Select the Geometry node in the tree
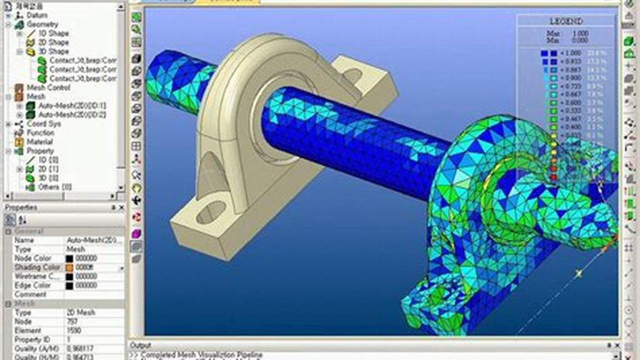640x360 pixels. tap(42, 24)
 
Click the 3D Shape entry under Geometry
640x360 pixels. tap(54, 51)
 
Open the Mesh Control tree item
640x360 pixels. tap(48, 88)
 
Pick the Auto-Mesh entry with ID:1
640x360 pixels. tap(72, 106)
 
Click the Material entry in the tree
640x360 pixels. tap(39, 142)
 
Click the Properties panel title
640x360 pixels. tap(21, 207)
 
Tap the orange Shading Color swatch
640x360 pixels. tap(69, 267)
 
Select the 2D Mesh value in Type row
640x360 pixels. tap(81, 312)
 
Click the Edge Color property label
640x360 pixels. tap(32, 286)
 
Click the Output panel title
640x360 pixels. tap(140, 345)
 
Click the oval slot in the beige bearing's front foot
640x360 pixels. tap(211, 212)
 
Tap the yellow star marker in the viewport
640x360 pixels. tap(579, 273)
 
